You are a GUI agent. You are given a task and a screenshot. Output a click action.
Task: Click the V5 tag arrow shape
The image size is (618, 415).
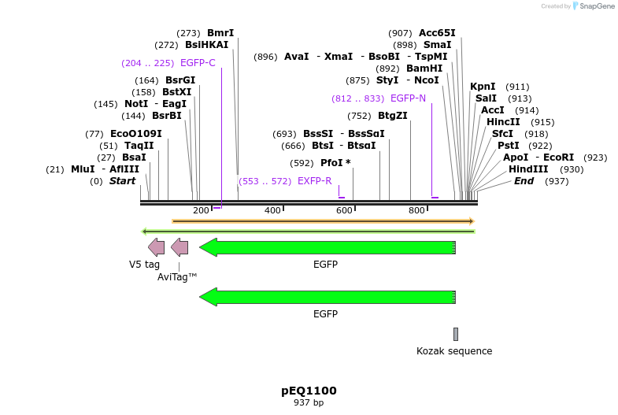tap(156, 247)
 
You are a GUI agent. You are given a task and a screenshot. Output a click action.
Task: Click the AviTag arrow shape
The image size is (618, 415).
tap(179, 247)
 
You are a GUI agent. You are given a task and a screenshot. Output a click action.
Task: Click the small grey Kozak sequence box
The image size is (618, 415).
tap(455, 334)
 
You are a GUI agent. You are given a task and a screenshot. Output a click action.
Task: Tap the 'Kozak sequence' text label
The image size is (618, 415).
tap(454, 351)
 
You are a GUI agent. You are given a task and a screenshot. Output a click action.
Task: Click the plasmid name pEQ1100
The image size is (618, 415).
tap(309, 391)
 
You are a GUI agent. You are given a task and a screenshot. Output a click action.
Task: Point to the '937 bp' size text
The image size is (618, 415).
tap(309, 403)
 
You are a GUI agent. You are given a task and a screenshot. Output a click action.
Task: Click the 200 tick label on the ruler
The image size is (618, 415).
tap(201, 210)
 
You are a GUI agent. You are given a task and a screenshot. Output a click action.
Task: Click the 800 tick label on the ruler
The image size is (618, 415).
tap(416, 210)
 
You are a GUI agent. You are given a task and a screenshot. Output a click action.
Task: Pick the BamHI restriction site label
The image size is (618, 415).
tap(424, 69)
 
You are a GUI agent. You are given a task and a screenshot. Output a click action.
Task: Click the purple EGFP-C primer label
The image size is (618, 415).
tap(198, 63)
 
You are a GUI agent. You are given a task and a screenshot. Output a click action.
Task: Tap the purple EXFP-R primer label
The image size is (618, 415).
tap(314, 181)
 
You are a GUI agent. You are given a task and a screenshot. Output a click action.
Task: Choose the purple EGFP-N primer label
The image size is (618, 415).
tap(408, 98)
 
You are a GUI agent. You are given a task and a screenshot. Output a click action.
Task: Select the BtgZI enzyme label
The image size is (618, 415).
tap(393, 116)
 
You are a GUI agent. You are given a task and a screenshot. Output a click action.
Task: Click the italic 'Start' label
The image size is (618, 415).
tap(122, 181)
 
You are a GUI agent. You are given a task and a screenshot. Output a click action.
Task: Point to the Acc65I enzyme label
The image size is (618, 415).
tap(437, 33)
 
